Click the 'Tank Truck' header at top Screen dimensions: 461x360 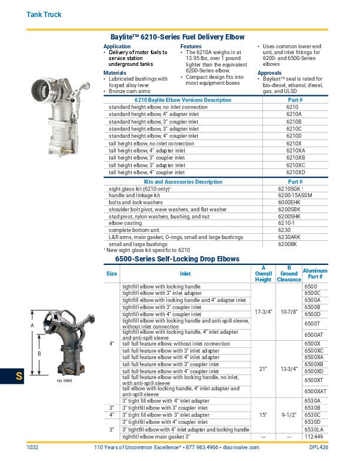point(44,14)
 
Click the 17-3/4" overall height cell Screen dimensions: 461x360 point(263,310)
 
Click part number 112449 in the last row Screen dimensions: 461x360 point(313,437)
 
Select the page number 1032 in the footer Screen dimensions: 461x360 point(32,448)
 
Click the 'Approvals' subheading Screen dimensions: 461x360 point(269,72)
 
